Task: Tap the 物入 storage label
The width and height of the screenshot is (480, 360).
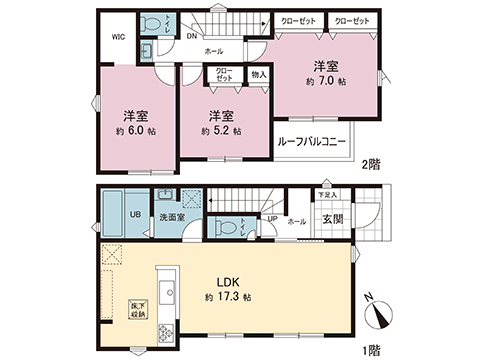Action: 257,73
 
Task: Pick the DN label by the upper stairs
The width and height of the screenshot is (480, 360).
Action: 190,38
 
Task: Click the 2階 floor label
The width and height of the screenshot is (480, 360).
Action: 371,164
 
